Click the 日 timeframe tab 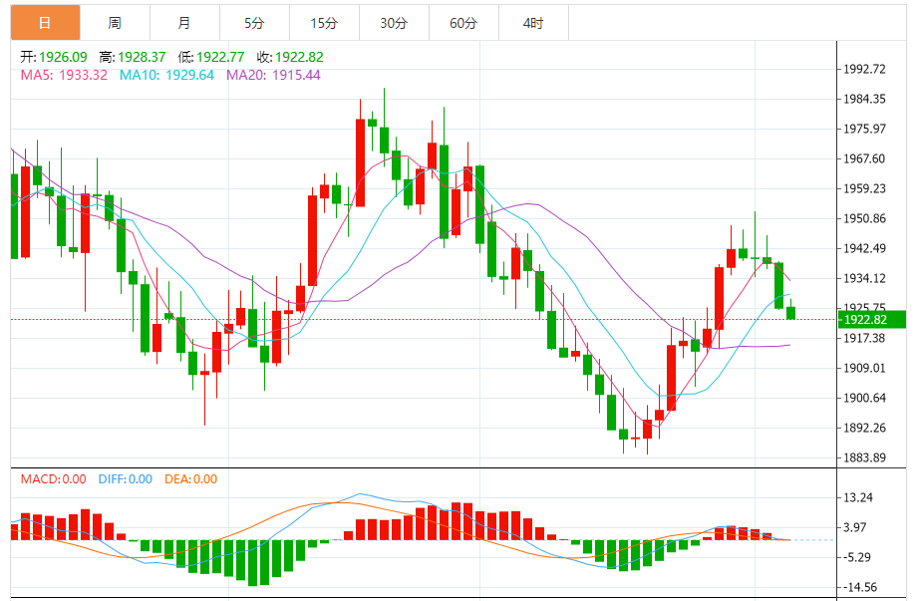click(45, 22)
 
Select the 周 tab click(115, 22)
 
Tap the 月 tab click(184, 22)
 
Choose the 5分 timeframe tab click(254, 22)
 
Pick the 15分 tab click(324, 22)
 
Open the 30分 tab click(394, 22)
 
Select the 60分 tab click(463, 22)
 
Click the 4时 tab click(533, 22)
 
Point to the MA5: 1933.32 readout click(64, 75)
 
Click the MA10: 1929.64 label click(166, 75)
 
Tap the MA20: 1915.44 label click(273, 75)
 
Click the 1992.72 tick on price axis click(864, 70)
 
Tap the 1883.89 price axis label click(864, 458)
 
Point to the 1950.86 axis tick click(864, 219)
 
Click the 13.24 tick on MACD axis click(859, 498)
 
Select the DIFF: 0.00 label click(126, 479)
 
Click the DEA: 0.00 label click(190, 479)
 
